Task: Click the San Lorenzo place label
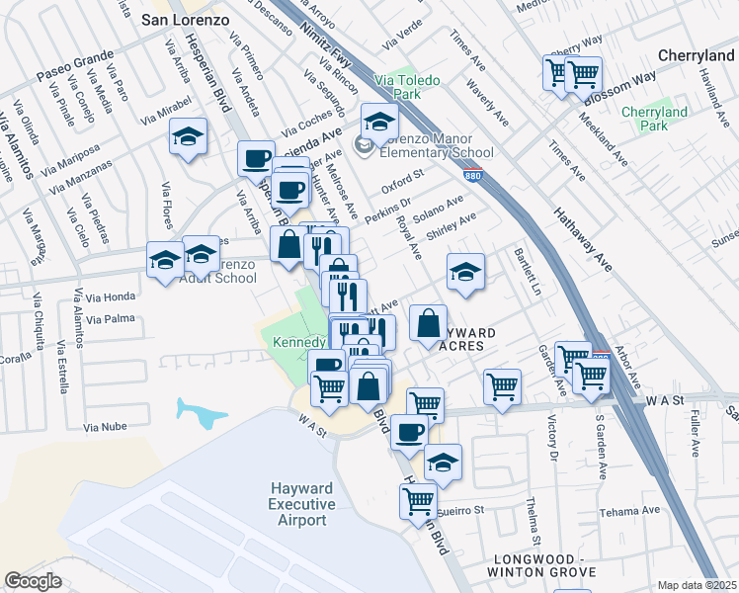click(x=187, y=19)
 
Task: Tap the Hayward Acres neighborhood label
click(x=454, y=338)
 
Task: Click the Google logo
click(x=33, y=581)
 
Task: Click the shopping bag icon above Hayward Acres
click(x=428, y=322)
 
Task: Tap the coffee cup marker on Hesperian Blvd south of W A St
click(x=409, y=431)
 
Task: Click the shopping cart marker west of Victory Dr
click(x=503, y=386)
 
